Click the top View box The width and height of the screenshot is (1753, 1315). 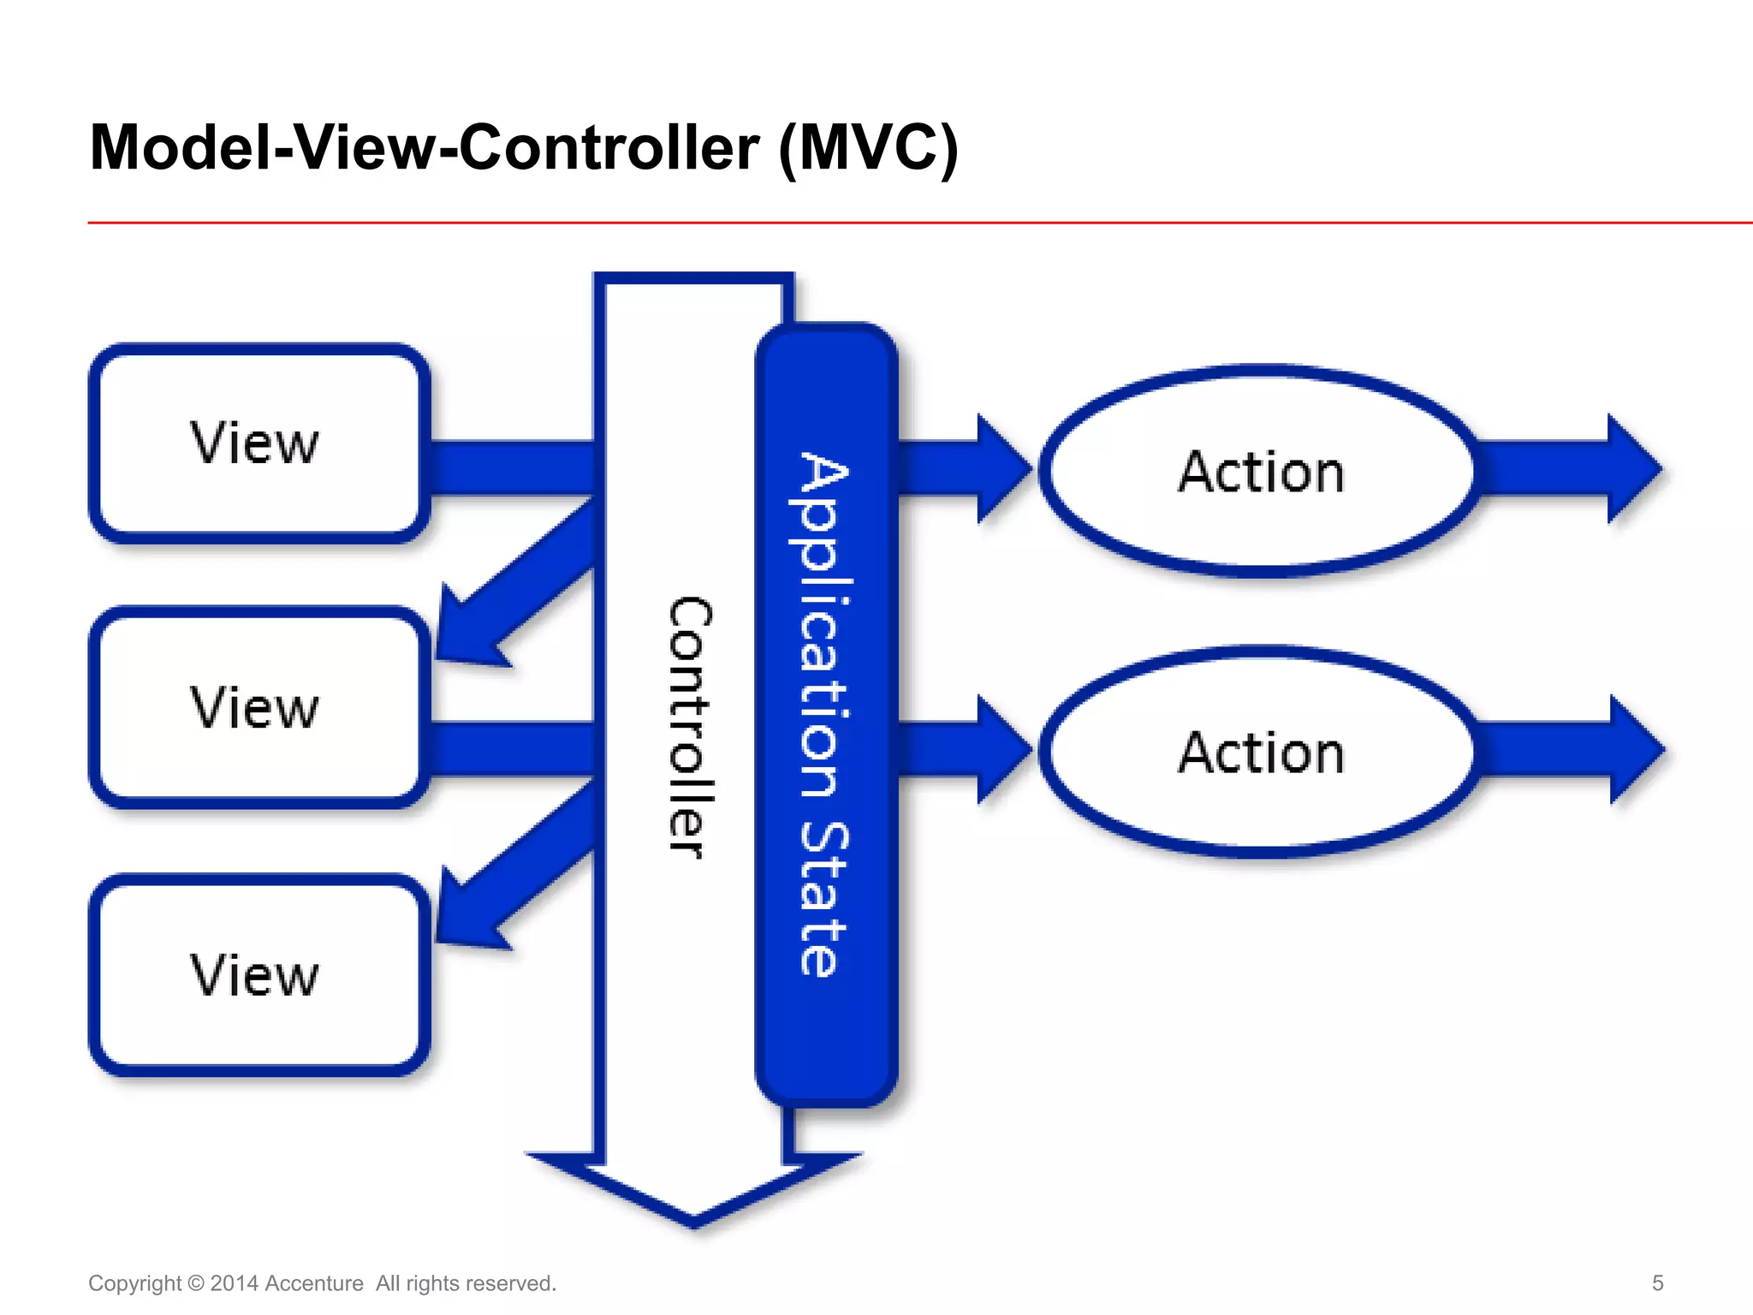[x=257, y=443]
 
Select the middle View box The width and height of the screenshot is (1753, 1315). [x=257, y=708]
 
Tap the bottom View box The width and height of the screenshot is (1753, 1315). [x=257, y=975]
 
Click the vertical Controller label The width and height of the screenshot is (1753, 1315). [x=690, y=728]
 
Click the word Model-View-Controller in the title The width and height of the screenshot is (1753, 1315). [x=424, y=147]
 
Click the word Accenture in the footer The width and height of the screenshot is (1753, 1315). [x=314, y=1283]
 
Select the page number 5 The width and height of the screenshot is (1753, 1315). [x=1657, y=1282]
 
